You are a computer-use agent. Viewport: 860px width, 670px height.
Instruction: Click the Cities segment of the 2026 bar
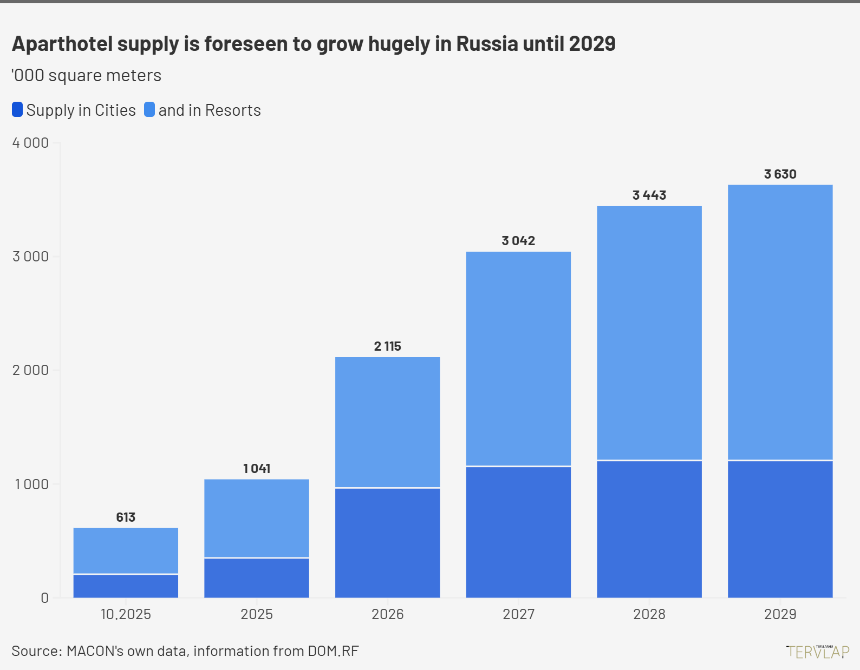(x=387, y=543)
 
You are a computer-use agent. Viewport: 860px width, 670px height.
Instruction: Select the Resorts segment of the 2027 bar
(x=518, y=358)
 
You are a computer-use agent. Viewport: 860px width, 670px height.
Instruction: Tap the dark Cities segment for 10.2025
(x=126, y=586)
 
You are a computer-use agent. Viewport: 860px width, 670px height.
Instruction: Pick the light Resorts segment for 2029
(x=780, y=323)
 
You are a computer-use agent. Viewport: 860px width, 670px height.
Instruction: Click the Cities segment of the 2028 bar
(x=649, y=529)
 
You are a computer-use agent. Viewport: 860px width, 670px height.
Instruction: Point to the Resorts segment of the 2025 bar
(x=257, y=518)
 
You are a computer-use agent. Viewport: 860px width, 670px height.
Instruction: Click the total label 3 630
(x=780, y=174)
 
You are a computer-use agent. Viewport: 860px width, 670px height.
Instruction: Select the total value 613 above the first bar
(x=126, y=517)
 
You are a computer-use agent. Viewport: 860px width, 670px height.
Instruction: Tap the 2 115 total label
(x=387, y=346)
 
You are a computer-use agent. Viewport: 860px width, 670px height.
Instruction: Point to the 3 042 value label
(x=518, y=241)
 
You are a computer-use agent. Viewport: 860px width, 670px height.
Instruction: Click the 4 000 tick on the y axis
(x=31, y=143)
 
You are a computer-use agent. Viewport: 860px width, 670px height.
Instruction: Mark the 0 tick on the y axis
(x=44, y=598)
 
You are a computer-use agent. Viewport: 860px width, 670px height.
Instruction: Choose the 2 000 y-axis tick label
(x=31, y=370)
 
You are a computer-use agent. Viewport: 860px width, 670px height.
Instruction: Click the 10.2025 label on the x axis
(x=126, y=614)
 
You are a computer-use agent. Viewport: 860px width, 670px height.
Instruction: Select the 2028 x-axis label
(x=649, y=614)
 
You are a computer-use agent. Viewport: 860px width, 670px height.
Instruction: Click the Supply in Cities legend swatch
(x=17, y=110)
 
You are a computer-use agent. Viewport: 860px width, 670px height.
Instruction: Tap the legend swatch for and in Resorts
(x=149, y=110)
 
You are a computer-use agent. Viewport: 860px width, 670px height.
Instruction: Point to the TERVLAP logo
(x=818, y=651)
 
